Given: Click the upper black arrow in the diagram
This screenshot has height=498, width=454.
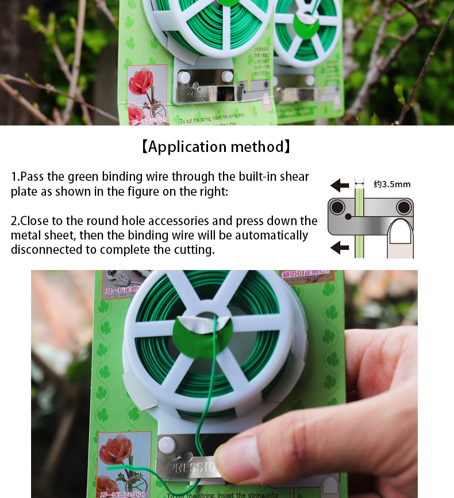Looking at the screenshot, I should (x=340, y=185).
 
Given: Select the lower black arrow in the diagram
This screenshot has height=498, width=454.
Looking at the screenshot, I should (x=340, y=248).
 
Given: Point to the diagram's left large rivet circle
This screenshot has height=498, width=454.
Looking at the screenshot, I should (x=337, y=207).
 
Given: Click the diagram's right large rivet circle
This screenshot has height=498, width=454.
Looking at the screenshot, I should (x=404, y=207).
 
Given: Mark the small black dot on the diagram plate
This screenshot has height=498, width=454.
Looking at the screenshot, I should (x=348, y=217).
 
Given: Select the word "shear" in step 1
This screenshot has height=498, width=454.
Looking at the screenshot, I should (x=294, y=177).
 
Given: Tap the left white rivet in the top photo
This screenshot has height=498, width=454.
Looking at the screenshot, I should (x=184, y=77).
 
